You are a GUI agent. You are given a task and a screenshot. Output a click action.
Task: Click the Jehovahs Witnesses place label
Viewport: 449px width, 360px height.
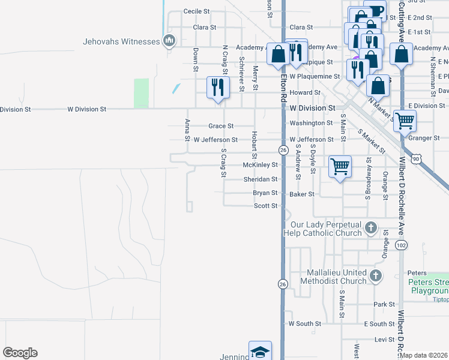pyautogui.click(x=121, y=41)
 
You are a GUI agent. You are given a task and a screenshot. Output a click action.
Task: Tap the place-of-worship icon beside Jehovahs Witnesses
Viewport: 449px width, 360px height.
pyautogui.click(x=169, y=41)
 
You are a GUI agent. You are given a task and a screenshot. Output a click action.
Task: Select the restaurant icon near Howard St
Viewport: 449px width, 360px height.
pyautogui.click(x=217, y=88)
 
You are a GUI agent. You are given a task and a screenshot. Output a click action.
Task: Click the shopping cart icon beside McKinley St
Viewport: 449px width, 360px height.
pyautogui.click(x=340, y=166)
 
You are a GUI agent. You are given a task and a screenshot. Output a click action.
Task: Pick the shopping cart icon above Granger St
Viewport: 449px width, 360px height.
pyautogui.click(x=405, y=121)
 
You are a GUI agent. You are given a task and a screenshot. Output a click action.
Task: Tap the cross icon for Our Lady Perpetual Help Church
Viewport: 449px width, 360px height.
pyautogui.click(x=371, y=228)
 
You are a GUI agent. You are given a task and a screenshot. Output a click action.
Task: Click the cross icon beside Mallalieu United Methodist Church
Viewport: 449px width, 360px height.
pyautogui.click(x=375, y=276)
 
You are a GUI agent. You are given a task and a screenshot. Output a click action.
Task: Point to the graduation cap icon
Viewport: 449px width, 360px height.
pyautogui.click(x=261, y=351)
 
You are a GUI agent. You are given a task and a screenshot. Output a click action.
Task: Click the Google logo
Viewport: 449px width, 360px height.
pyautogui.click(x=20, y=353)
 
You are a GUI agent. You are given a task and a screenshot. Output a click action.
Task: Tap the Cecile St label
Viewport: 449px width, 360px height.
pyautogui.click(x=196, y=11)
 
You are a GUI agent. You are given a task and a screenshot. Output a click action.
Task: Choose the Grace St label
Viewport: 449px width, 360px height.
pyautogui.click(x=220, y=126)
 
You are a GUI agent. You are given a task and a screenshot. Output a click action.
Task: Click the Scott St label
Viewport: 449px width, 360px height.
pyautogui.click(x=265, y=206)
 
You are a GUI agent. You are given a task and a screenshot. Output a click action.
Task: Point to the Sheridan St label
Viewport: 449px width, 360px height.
pyautogui.click(x=261, y=179)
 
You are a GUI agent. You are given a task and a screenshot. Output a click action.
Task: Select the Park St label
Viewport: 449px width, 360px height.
pyautogui.click(x=384, y=305)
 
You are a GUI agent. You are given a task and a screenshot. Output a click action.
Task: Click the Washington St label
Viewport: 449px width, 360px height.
pyautogui.click(x=311, y=123)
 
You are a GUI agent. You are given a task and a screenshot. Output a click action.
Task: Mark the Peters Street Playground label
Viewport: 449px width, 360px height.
pyautogui.click(x=429, y=286)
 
